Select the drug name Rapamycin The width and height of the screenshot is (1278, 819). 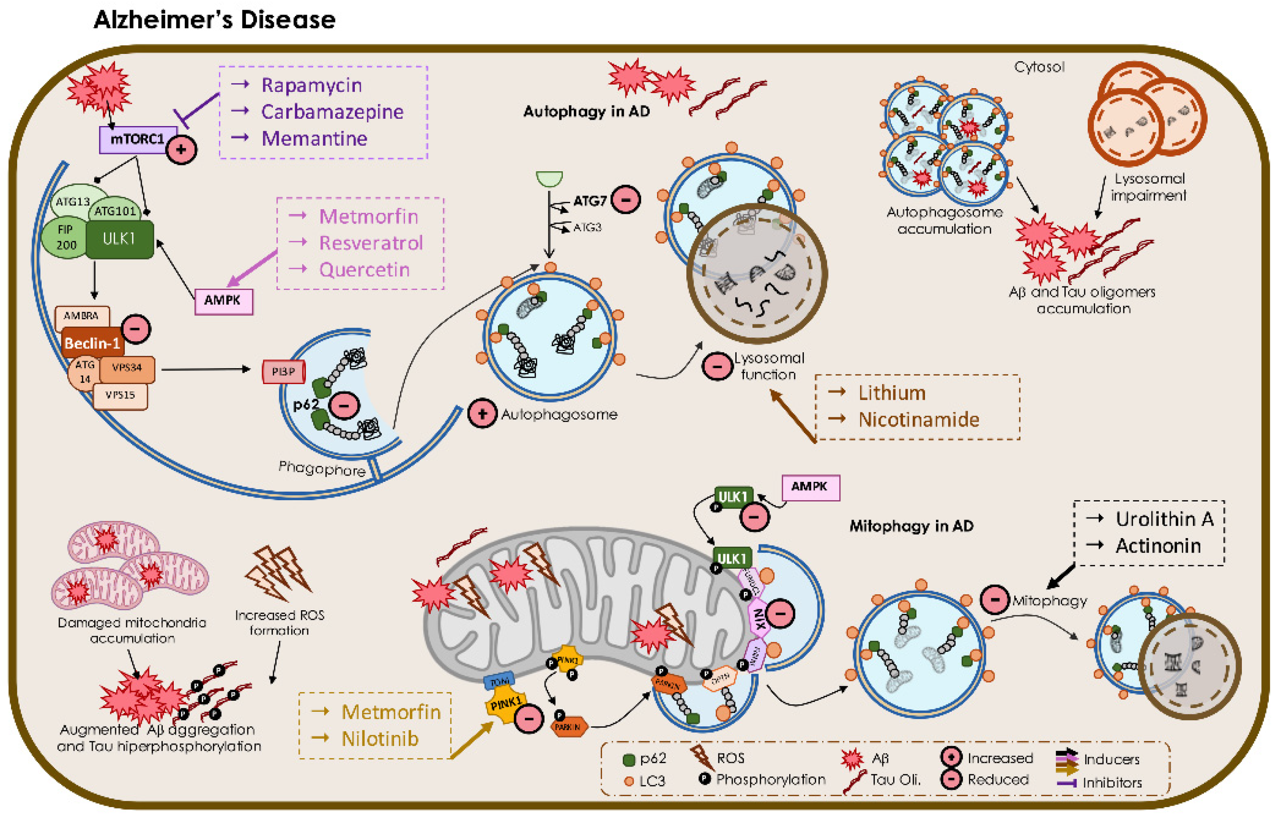[x=311, y=85]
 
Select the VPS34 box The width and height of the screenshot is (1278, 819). [x=127, y=368]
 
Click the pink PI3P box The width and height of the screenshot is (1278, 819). [x=283, y=372]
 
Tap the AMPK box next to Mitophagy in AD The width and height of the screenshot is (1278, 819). [x=810, y=486]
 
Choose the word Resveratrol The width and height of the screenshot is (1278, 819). [x=371, y=243]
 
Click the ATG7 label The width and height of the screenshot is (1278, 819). [x=590, y=201]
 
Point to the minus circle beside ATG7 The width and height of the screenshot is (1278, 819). [x=626, y=200]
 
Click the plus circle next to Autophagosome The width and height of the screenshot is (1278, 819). [x=482, y=414]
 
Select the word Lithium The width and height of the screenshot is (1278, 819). [x=892, y=393]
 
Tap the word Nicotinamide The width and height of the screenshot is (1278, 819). [x=919, y=420]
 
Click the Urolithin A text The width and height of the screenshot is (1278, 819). [x=1164, y=519]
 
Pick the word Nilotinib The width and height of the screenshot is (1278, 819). [x=380, y=739]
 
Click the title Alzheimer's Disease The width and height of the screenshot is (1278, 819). [x=214, y=20]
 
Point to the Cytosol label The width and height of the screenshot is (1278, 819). [x=1039, y=67]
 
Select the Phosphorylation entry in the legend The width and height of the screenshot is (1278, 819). [x=770, y=780]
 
